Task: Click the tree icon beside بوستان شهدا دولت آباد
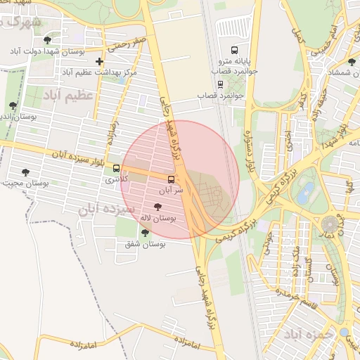point(46,40)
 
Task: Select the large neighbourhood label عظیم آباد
point(68,94)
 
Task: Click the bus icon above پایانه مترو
point(234,50)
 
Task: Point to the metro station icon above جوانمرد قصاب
point(220,84)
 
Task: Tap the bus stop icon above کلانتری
point(116,169)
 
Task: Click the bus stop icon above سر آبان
point(171,179)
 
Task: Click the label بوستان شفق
point(145,244)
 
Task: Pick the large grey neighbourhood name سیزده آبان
point(102,209)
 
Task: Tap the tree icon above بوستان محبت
point(25,172)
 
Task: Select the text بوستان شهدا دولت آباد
point(48,51)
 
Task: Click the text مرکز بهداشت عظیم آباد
point(99,72)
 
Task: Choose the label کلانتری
point(117,180)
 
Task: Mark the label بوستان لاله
point(157,219)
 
